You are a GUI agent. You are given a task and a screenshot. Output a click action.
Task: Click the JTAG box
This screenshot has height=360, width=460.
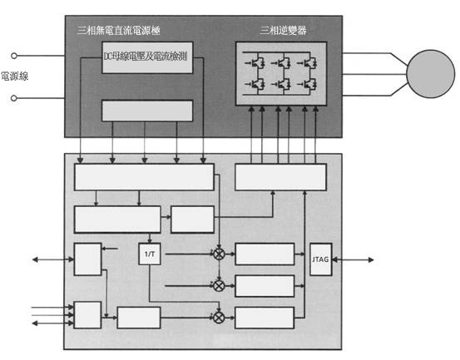321,259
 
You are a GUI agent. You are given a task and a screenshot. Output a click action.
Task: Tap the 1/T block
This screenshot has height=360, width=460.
150,254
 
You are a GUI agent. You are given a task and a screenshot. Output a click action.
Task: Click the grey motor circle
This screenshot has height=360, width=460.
430,74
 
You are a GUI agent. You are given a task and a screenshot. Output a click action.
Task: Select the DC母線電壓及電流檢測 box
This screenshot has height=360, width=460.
147,57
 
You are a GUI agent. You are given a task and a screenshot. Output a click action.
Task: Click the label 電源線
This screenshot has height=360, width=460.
15,76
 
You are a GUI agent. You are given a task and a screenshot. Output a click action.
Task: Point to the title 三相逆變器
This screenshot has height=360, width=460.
283,30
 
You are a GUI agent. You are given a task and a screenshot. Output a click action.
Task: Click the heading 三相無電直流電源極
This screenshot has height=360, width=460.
118,30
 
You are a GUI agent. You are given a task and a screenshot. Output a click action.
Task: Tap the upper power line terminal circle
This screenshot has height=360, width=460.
14,56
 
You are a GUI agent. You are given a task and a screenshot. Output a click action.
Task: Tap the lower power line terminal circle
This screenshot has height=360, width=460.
14,98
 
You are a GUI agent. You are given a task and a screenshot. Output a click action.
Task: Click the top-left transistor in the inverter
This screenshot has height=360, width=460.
255,63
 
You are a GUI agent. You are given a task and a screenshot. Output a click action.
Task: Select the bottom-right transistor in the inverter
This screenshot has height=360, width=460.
307,85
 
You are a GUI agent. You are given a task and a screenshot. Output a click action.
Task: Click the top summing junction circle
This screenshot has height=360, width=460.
219,254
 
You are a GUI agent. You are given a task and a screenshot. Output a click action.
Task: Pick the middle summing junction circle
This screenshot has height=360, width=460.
219,286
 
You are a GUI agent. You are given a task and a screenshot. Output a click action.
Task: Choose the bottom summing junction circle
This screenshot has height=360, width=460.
219,318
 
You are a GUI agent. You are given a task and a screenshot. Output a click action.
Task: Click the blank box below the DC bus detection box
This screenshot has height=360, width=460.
147,111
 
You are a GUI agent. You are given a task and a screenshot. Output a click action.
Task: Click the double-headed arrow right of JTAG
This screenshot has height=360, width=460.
353,259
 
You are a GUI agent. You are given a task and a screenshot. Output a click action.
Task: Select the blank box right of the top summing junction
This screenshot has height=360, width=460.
265,254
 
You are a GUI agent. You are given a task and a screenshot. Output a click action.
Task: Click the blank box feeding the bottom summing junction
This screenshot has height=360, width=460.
139,318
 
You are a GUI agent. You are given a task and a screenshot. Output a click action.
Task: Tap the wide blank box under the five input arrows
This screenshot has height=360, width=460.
144,177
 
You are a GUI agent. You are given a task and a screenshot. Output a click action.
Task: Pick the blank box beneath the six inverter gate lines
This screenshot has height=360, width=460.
281,177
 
